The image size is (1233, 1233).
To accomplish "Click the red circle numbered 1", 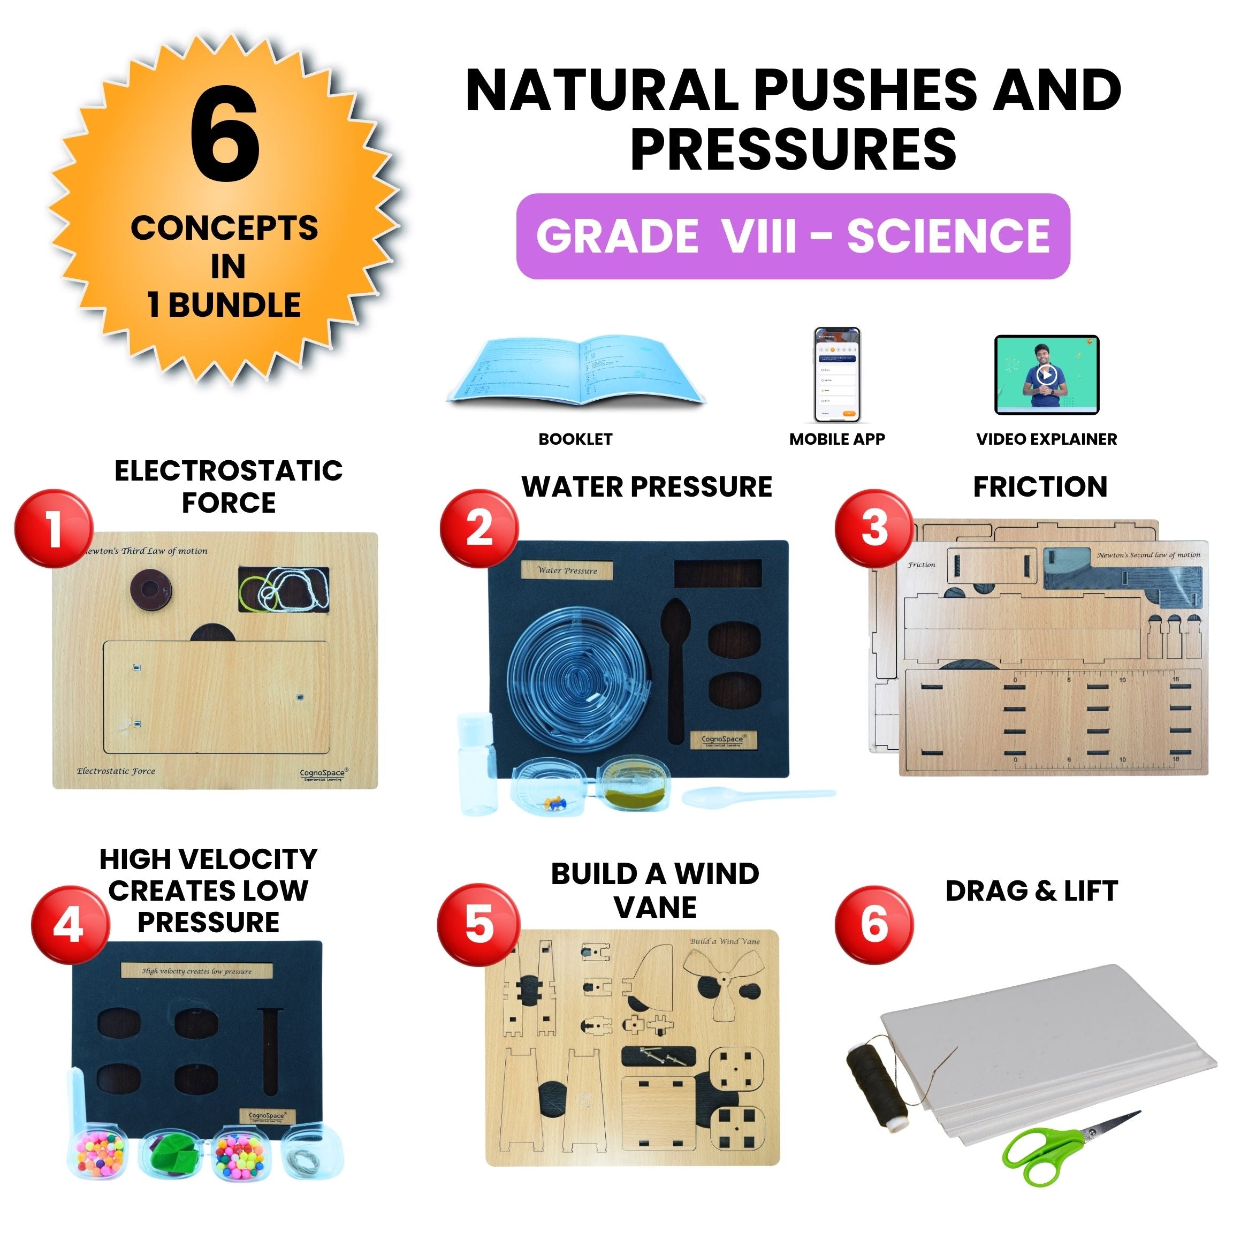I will click(54, 528).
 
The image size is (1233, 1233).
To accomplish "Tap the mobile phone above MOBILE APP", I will click(836, 375).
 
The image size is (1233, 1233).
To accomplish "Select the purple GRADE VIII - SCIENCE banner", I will click(793, 236).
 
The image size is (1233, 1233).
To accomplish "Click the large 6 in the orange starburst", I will click(225, 135).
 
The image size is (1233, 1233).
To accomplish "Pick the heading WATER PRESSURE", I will click(646, 487).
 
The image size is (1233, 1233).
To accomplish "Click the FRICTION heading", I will click(1040, 487).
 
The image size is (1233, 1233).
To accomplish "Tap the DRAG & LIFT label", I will click(1031, 892).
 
